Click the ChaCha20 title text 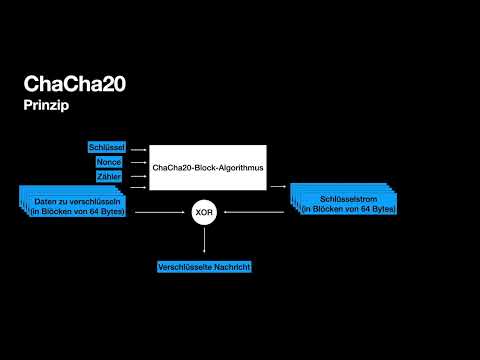(77, 85)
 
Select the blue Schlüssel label (106, 147)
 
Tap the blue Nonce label (108, 162)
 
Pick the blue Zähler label (108, 177)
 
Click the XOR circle (205, 212)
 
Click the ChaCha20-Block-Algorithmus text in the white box (208, 168)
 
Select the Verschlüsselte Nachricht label (204, 267)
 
